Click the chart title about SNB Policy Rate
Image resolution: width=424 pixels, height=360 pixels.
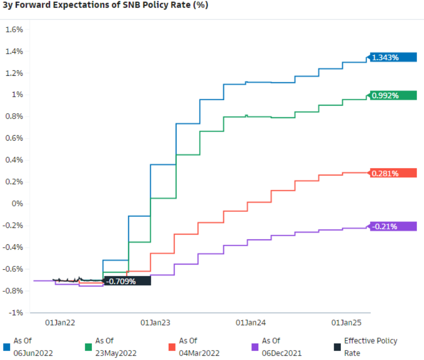pos(105,5)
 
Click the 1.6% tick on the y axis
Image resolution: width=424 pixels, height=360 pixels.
pos(14,29)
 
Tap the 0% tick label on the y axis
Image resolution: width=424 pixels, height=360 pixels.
pos(17,203)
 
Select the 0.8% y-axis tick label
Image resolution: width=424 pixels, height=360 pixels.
pos(14,117)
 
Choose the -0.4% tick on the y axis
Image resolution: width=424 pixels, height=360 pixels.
pos(13,247)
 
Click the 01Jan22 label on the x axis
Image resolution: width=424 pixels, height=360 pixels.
pos(60,323)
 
